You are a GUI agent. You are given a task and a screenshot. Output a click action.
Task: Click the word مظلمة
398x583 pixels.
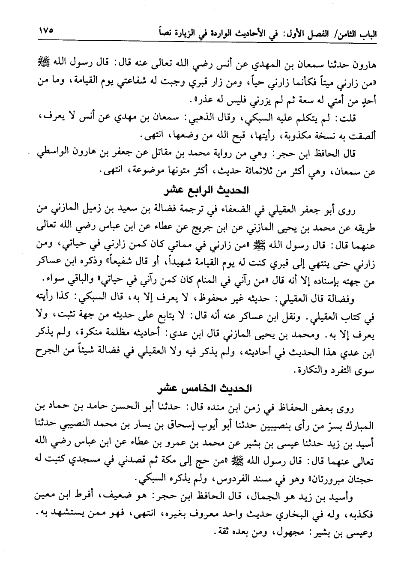click(x=137, y=335)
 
